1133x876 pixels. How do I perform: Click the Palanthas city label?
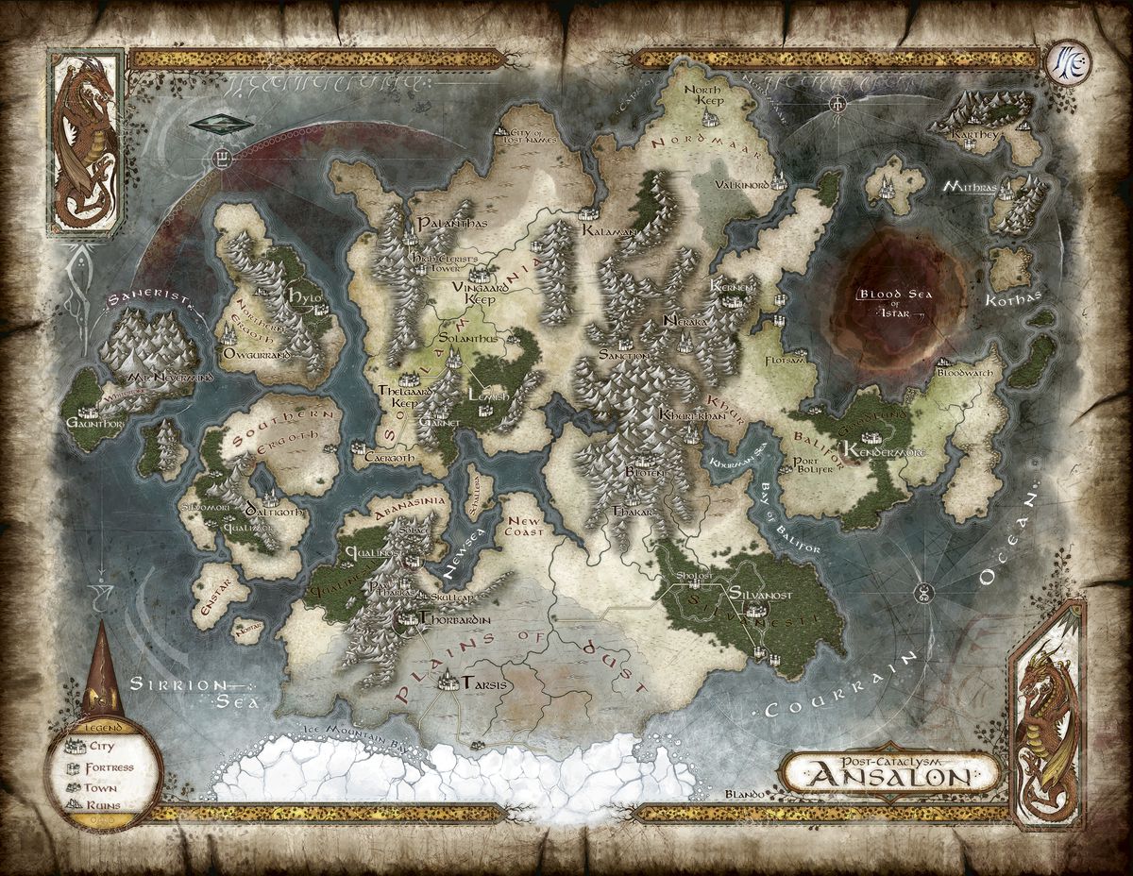tap(443, 223)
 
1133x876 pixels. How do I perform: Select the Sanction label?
tap(624, 355)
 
